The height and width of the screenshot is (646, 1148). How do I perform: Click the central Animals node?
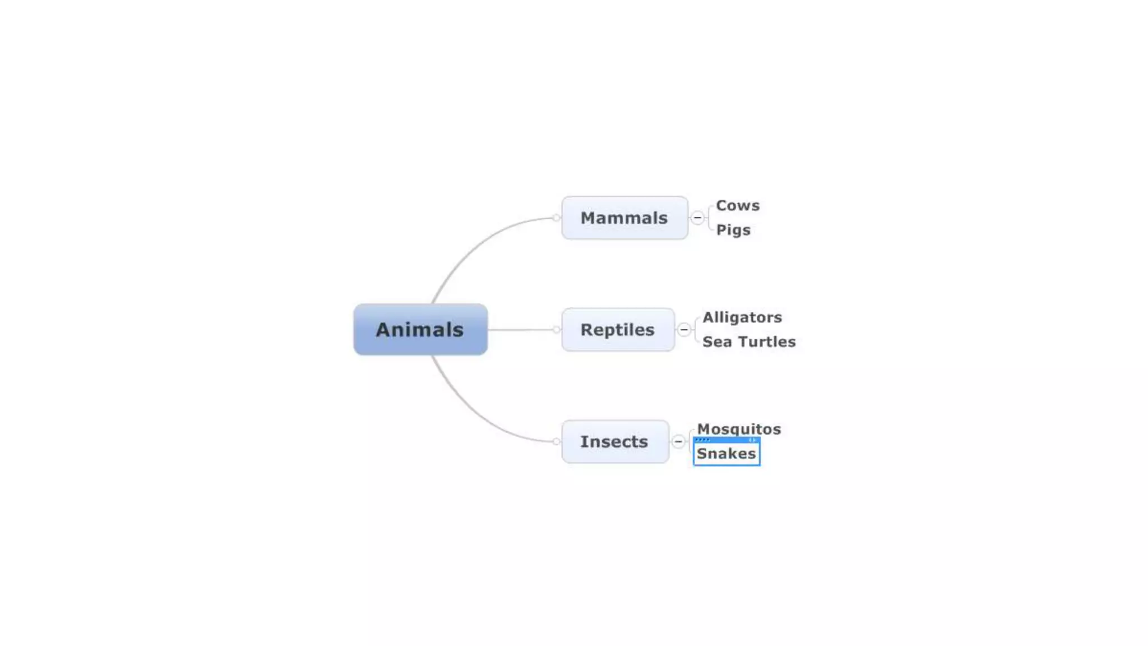(420, 329)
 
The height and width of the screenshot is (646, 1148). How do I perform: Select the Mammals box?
(624, 218)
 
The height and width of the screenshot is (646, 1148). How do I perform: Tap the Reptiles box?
(618, 329)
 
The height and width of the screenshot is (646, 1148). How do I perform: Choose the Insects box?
(615, 441)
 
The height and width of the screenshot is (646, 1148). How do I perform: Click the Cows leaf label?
(738, 205)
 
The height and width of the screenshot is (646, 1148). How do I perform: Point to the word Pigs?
(733, 230)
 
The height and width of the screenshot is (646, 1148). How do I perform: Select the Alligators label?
(742, 317)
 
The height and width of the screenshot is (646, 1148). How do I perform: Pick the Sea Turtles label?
(749, 342)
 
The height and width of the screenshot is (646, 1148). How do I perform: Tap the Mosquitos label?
(739, 429)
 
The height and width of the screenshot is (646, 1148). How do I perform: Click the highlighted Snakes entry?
(726, 454)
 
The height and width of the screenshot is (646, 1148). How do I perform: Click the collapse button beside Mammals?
(697, 218)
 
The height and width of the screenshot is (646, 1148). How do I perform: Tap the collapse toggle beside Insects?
(678, 441)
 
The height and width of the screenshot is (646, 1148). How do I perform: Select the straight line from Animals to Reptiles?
(521, 330)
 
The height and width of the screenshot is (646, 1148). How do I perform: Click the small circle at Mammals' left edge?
(556, 218)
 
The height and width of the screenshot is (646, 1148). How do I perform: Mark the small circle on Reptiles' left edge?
(556, 330)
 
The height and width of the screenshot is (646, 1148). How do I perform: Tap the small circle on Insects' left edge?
(556, 441)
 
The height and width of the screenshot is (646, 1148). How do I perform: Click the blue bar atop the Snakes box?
(726, 440)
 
